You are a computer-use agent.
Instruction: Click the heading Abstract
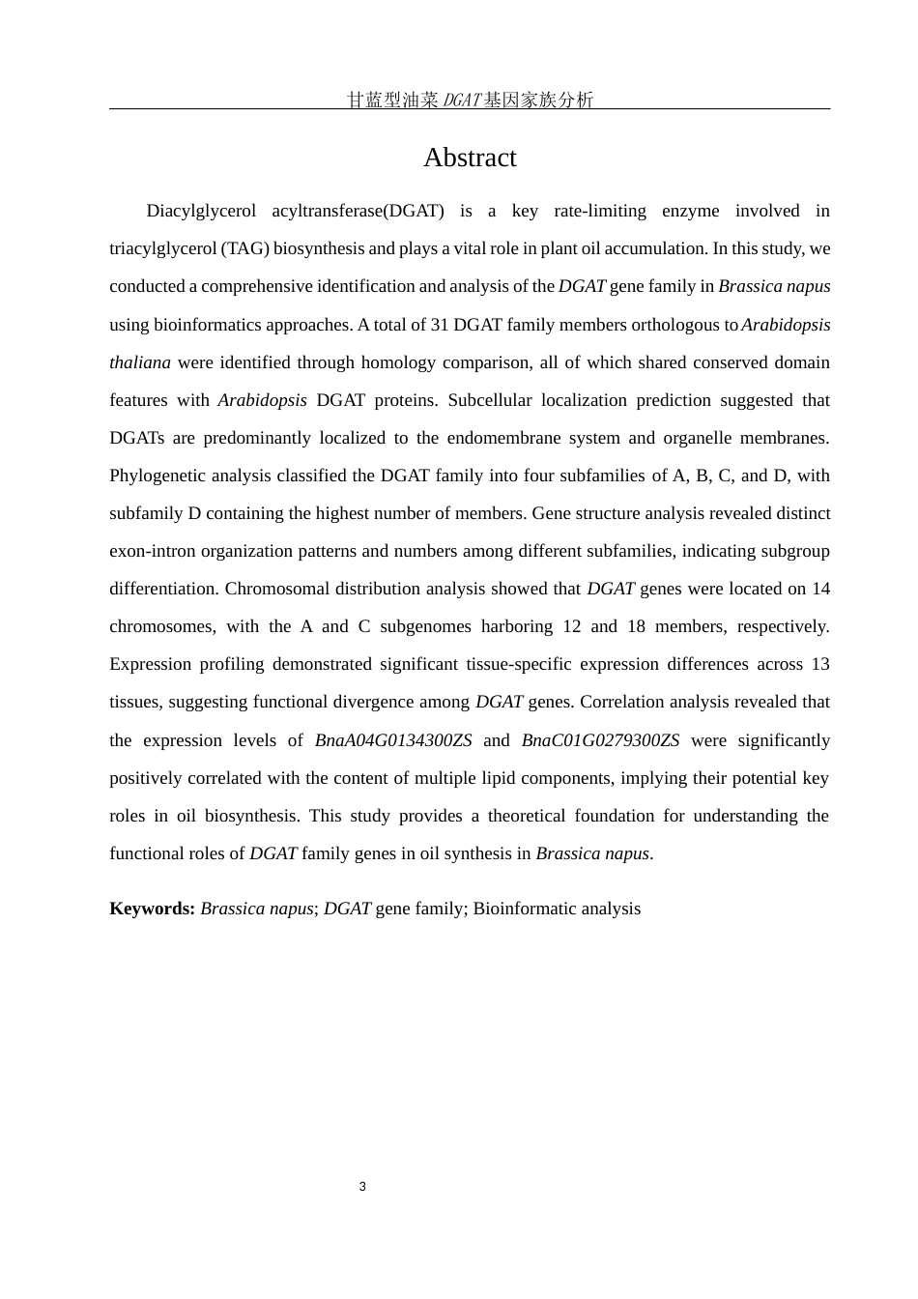tap(470, 158)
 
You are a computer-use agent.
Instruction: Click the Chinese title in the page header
tap(470, 100)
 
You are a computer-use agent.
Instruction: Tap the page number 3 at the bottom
tap(362, 1187)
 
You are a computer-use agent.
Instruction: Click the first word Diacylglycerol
tap(201, 211)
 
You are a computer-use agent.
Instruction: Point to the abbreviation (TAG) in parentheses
tap(244, 248)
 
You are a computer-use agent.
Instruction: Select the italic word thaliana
tap(140, 362)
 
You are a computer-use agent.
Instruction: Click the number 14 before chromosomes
tap(820, 589)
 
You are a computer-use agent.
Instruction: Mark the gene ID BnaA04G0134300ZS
tap(393, 740)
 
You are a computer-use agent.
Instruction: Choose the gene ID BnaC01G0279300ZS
tap(600, 740)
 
